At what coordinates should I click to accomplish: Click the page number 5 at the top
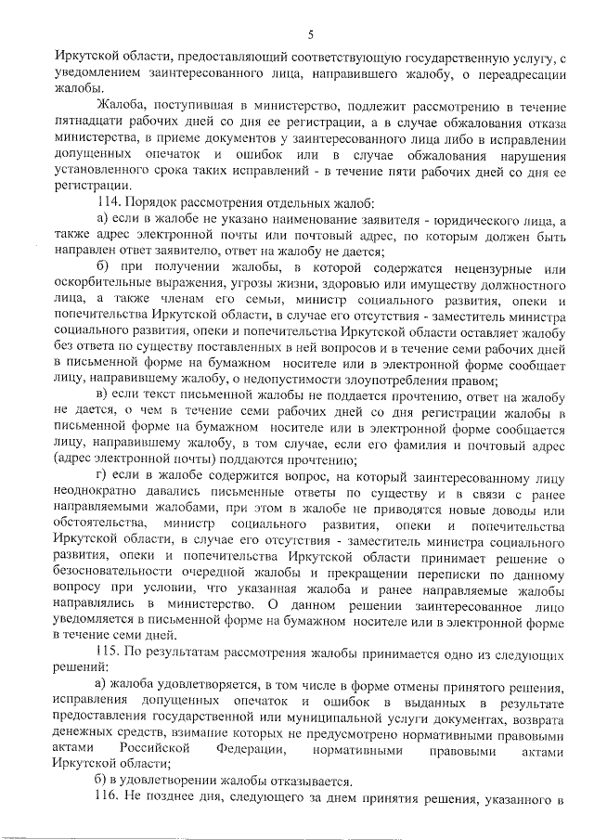pos(310,34)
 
